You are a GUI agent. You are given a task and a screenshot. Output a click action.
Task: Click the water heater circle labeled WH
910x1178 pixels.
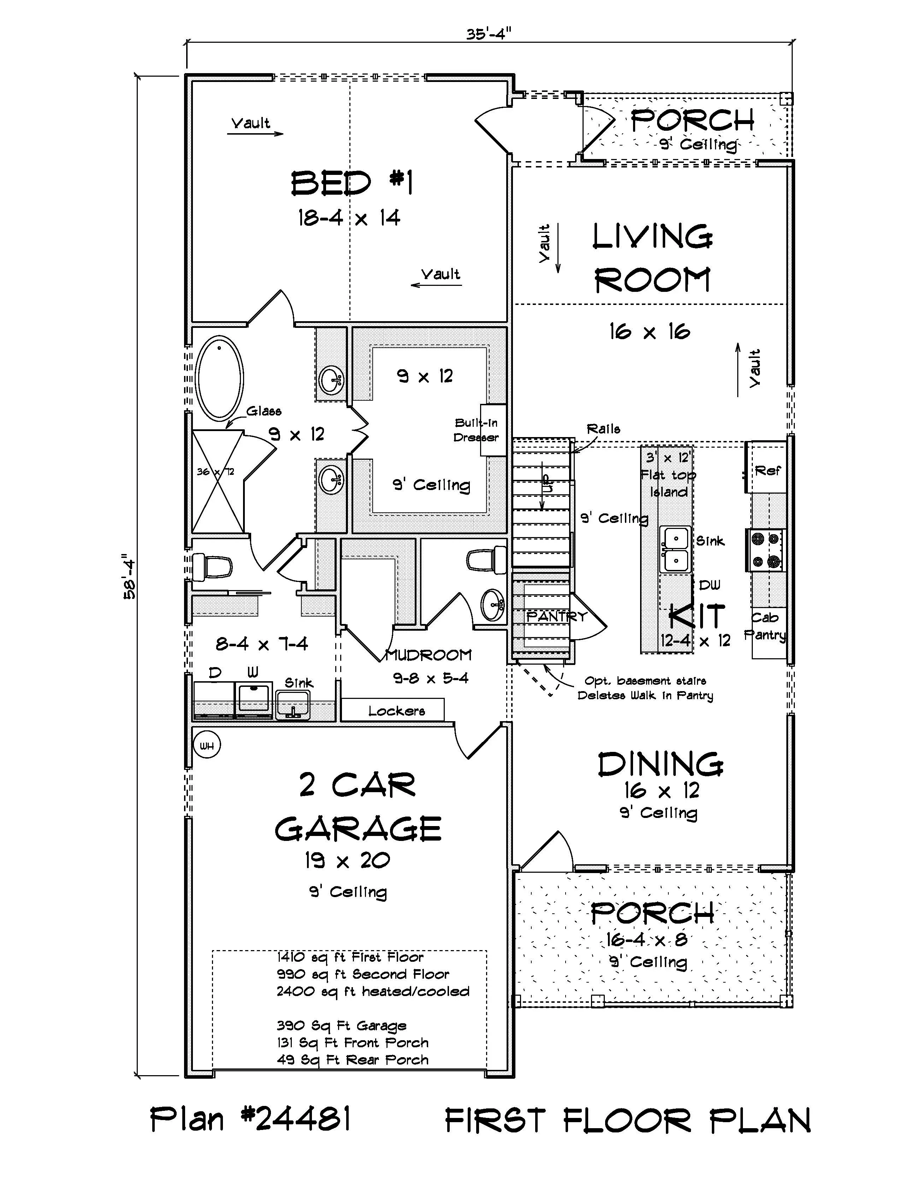207,746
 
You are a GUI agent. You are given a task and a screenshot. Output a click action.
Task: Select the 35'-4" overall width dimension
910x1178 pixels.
489,34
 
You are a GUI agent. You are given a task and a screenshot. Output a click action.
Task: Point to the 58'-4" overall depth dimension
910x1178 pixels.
129,577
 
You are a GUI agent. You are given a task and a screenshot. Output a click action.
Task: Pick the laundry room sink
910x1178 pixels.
293,705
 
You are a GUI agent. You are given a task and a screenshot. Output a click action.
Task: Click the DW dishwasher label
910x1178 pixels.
709,585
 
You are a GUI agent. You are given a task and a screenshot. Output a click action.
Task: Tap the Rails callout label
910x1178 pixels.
603,429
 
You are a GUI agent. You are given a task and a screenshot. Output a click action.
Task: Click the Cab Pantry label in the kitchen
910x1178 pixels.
766,626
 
